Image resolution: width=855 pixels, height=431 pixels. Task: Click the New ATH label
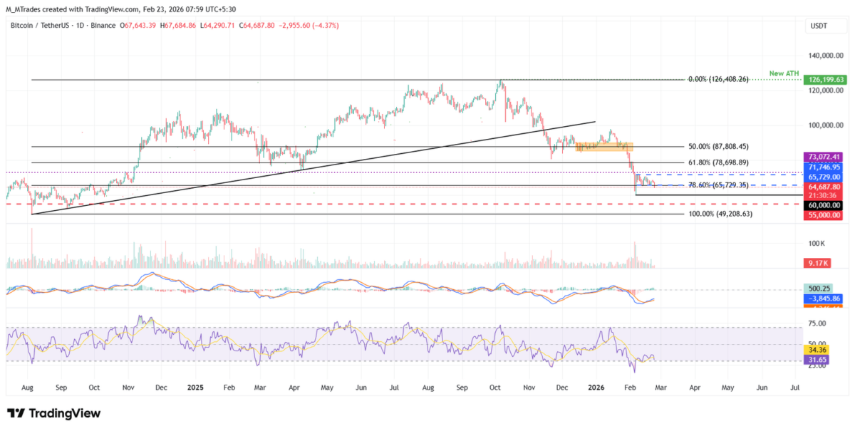[x=784, y=73]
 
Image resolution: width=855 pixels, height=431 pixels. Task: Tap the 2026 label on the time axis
[x=596, y=388]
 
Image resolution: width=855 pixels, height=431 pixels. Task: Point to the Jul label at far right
[x=795, y=388]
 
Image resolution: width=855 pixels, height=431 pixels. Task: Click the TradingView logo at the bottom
[x=53, y=414]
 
